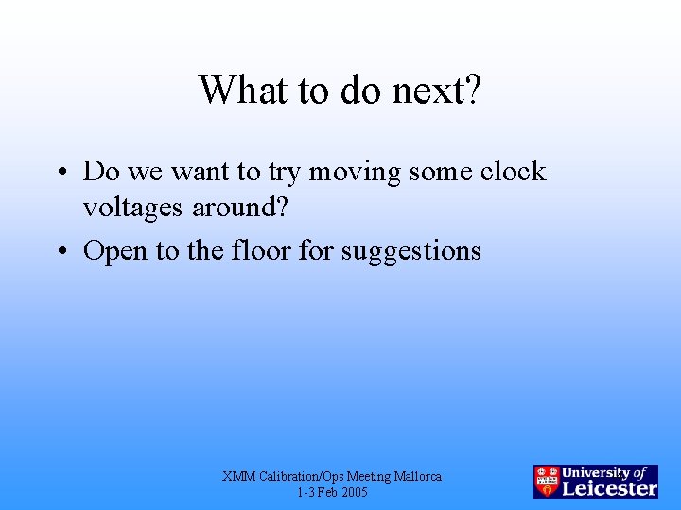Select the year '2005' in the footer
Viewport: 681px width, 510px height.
[354, 493]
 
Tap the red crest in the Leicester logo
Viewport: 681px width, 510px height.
[547, 482]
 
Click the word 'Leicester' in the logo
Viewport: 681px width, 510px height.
[610, 488]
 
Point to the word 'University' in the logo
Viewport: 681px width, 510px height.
[598, 472]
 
